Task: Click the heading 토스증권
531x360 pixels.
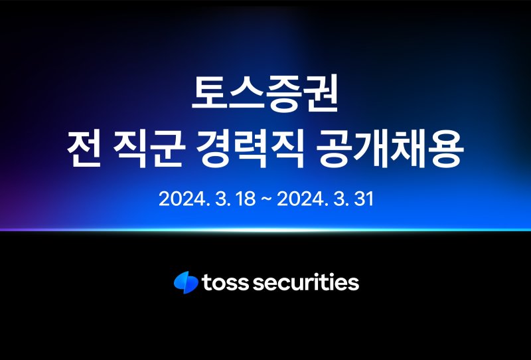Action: (x=265, y=93)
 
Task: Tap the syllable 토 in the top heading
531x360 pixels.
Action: (x=210, y=92)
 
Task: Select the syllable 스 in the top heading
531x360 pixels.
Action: (x=246, y=92)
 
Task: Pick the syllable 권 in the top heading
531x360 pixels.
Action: (x=320, y=93)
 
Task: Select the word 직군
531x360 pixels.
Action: (x=149, y=149)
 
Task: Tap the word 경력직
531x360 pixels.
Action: (x=250, y=149)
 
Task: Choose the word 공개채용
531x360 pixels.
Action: (x=389, y=149)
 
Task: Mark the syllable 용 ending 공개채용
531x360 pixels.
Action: (x=445, y=149)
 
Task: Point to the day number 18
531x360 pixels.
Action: (x=246, y=199)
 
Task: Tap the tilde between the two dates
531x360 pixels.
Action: (x=266, y=199)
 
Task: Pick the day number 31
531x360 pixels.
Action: (x=364, y=199)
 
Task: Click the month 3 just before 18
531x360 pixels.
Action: (x=221, y=199)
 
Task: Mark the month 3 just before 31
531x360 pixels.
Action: (x=339, y=199)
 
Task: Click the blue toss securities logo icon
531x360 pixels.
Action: (x=186, y=282)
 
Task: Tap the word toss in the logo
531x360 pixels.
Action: (x=225, y=283)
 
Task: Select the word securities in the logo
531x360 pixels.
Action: (x=306, y=282)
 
